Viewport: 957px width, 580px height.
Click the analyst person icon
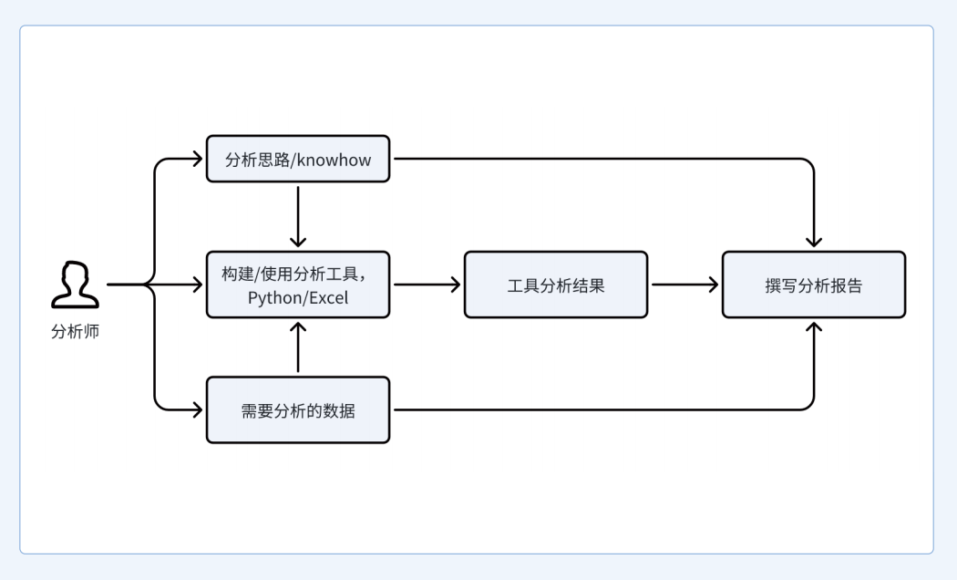tap(75, 285)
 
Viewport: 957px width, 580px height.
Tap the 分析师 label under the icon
tap(75, 332)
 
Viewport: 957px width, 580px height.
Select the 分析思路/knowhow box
tap(298, 159)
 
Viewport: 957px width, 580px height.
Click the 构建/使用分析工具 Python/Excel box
tap(298, 285)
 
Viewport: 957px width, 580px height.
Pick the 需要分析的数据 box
tap(298, 409)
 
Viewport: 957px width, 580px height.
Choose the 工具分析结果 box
tap(556, 285)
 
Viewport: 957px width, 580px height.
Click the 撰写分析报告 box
tap(814, 285)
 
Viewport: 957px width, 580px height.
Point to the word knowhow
tap(334, 160)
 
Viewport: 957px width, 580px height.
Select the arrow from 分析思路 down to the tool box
tap(298, 216)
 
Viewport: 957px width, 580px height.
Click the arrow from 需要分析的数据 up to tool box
tap(298, 347)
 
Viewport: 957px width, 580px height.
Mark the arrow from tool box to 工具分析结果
tap(427, 285)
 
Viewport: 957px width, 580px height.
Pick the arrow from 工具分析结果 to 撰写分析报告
tap(684, 285)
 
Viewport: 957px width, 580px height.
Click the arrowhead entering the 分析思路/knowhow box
tap(198, 159)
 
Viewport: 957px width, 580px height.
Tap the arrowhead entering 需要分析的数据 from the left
tap(198, 409)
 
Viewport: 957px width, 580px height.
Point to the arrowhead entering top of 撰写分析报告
tap(814, 242)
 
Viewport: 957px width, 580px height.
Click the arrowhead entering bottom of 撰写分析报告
tap(814, 327)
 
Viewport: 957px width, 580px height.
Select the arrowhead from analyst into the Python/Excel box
tap(198, 285)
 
